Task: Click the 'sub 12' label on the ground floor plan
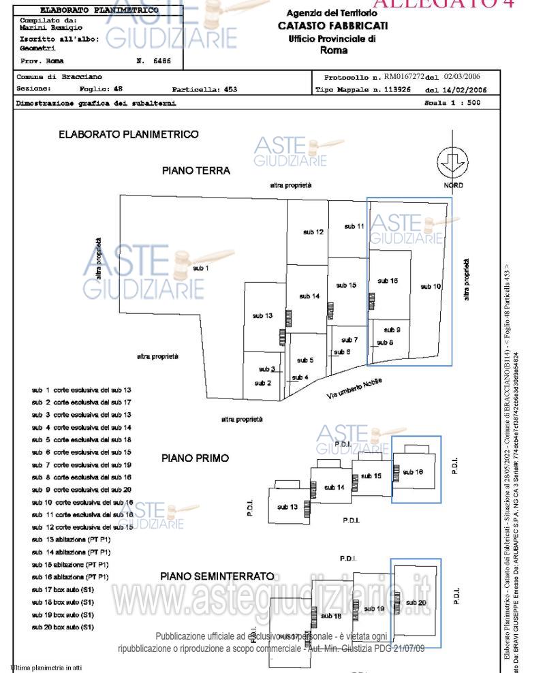[x=313, y=233]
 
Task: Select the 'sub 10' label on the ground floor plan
[x=431, y=286]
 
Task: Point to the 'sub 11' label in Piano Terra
[x=354, y=226]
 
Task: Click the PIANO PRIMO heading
[x=195, y=458]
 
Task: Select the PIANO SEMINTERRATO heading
[x=217, y=576]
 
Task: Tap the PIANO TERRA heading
[x=196, y=171]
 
